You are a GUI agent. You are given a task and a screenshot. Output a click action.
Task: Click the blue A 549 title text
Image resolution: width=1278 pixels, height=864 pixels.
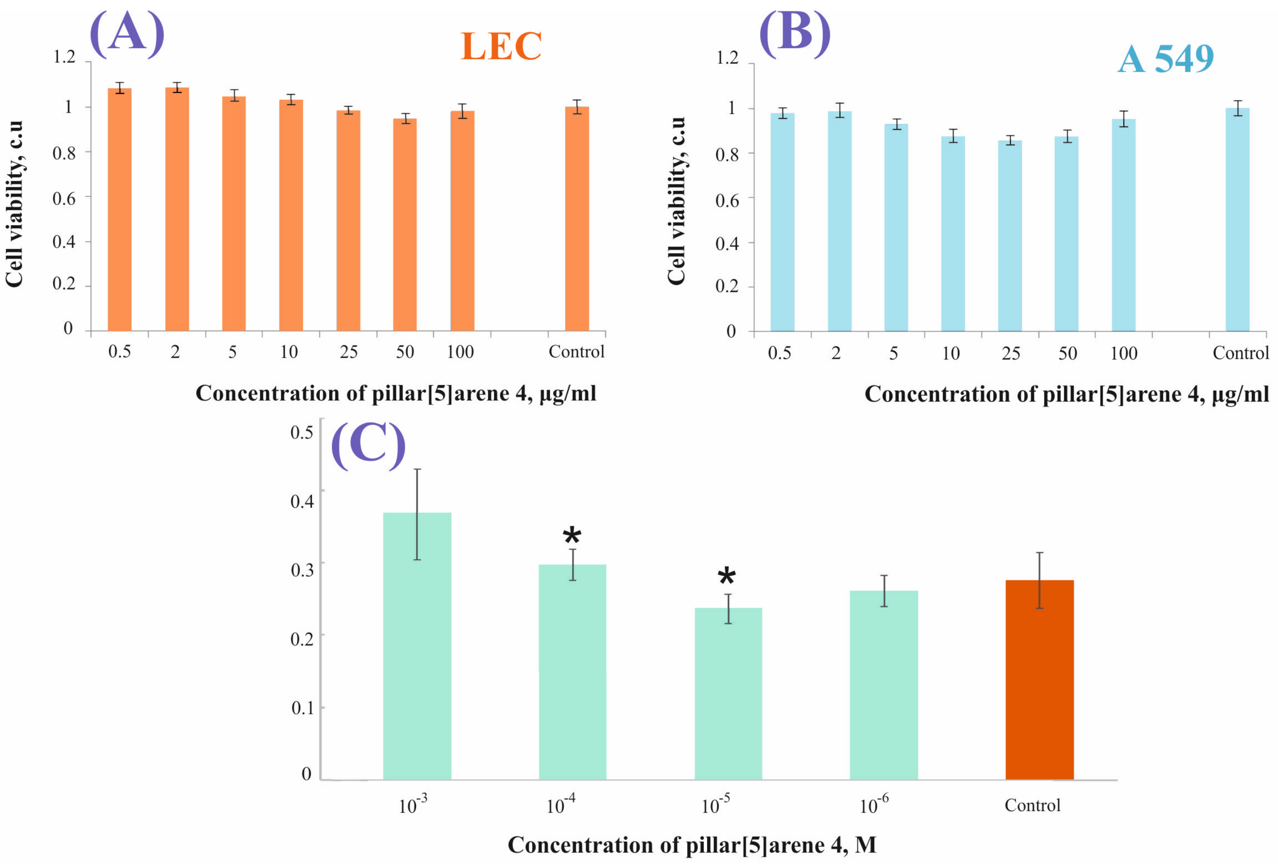1165,59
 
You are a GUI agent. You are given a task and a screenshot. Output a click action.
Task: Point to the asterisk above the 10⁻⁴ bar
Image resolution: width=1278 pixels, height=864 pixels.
572,535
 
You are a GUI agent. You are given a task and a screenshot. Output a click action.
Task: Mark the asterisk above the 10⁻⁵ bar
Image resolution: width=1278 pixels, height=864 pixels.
726,577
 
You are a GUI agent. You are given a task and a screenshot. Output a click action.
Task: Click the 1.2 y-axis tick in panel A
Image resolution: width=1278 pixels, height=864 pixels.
64,57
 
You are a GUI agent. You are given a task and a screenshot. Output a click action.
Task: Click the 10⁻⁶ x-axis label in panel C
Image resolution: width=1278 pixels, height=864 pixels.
874,805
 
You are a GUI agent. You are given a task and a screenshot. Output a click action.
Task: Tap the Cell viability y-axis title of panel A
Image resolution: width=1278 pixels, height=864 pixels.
14,203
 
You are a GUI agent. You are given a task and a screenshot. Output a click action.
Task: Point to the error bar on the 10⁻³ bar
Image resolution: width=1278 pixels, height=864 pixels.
418,514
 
